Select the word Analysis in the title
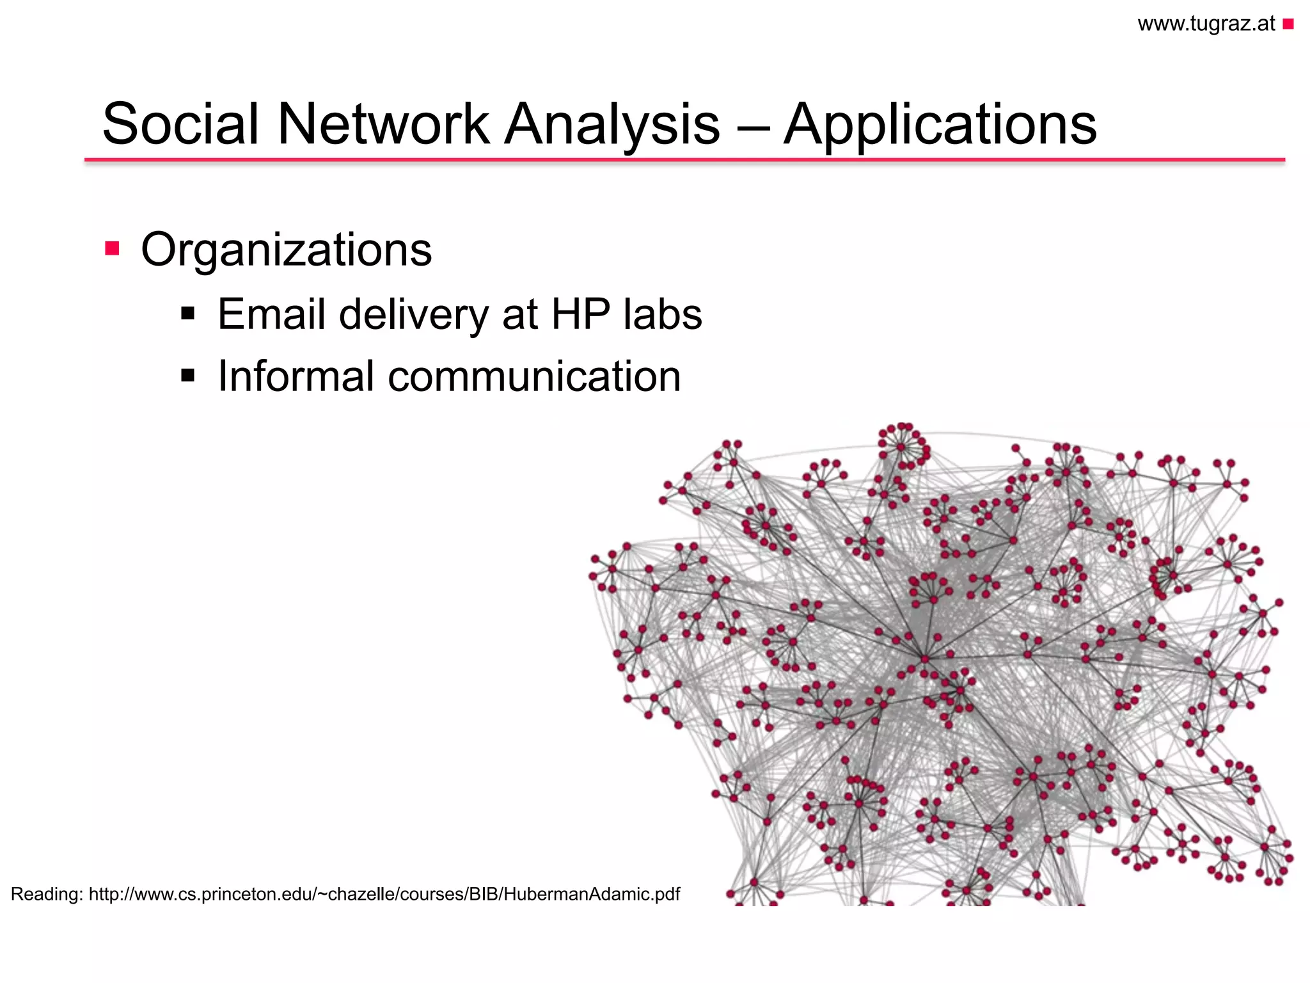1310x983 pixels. point(612,125)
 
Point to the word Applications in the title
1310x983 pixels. point(940,125)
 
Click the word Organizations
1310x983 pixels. point(286,250)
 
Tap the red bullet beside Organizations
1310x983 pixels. point(113,248)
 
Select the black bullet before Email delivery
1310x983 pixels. point(187,314)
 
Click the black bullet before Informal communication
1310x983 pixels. point(187,375)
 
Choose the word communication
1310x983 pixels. point(534,376)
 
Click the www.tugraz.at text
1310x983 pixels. point(1206,24)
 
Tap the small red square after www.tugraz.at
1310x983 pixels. point(1288,24)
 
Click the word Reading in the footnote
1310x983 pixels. point(45,894)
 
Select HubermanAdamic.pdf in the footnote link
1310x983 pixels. point(592,894)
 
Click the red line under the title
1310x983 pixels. point(684,159)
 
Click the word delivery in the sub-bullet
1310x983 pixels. point(413,316)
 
